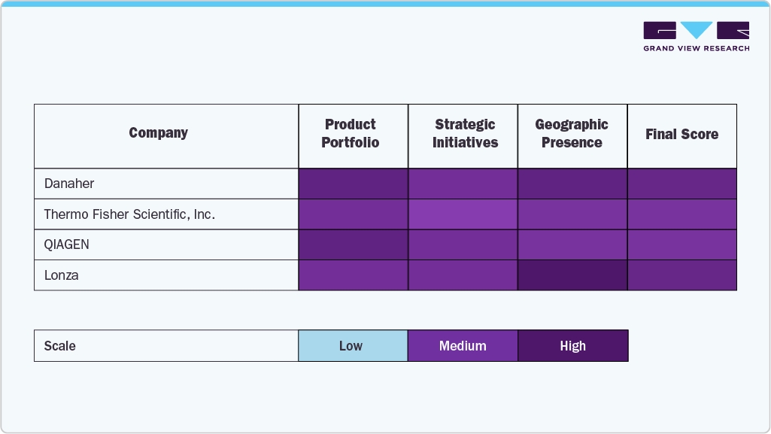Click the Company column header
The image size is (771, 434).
(158, 133)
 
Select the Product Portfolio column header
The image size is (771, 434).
(351, 134)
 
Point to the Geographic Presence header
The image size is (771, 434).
(572, 134)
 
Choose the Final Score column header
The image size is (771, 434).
(681, 135)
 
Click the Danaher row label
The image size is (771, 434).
(69, 184)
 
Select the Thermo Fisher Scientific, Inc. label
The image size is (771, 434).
(129, 214)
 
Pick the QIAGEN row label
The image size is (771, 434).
(67, 244)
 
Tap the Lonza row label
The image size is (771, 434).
(61, 275)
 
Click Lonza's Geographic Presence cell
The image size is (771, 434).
(572, 275)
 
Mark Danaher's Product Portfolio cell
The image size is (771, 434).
(353, 184)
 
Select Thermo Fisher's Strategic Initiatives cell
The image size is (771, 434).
(463, 214)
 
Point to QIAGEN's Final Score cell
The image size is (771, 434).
(681, 244)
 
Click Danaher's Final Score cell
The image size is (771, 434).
(681, 184)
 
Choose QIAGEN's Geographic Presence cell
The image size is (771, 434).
(572, 244)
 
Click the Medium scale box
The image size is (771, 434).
(463, 346)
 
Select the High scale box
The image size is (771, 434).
(572, 346)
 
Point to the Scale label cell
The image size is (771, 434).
(165, 346)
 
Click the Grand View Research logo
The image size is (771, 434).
(696, 36)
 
